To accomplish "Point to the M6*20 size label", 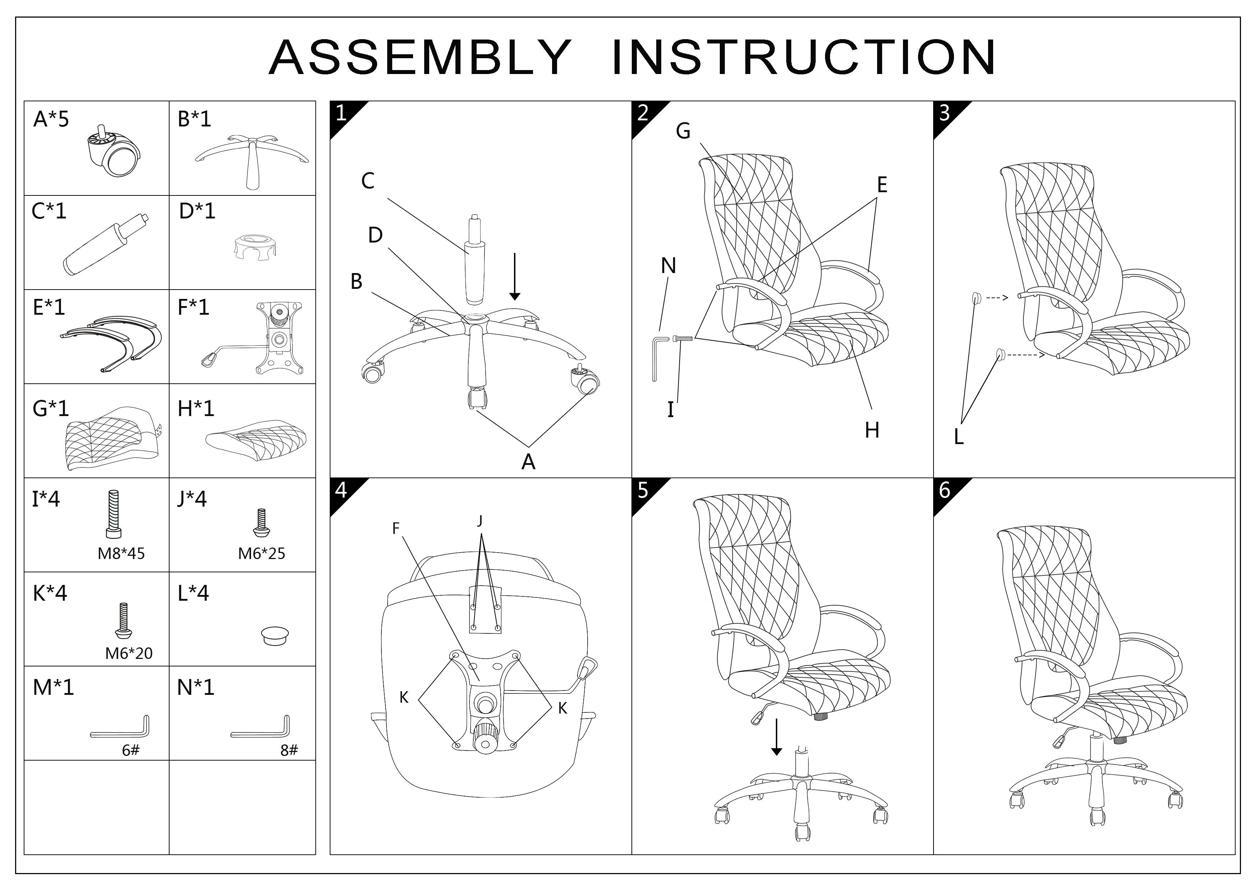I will [x=129, y=653].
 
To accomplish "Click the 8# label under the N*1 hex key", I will [x=289, y=751].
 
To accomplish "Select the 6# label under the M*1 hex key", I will [x=131, y=751].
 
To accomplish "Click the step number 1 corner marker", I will [x=341, y=113].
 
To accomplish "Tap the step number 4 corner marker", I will [x=341, y=490].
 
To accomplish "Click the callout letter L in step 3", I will [x=959, y=437].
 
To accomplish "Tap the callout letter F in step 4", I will [x=396, y=528].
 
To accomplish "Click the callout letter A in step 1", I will [x=528, y=462].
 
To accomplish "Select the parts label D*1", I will [x=197, y=211].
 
